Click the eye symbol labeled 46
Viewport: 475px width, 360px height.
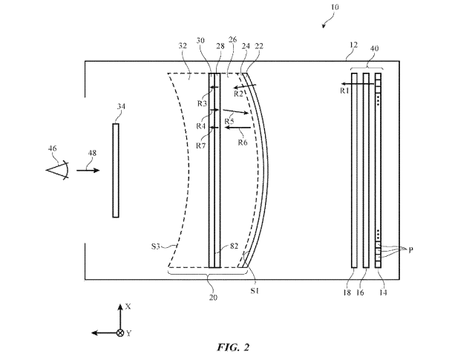(58, 170)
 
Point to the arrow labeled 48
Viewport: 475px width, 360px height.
(88, 171)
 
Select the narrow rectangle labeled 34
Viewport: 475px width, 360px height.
(116, 170)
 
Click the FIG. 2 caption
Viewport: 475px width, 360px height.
(233, 347)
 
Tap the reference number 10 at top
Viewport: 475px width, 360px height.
(334, 7)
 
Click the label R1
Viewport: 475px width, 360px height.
(344, 91)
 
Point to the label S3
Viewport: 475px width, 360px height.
(155, 246)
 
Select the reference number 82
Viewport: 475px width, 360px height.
(234, 246)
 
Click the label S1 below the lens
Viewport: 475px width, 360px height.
(255, 291)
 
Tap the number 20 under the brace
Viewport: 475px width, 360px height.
(213, 298)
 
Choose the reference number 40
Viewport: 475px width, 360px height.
(374, 48)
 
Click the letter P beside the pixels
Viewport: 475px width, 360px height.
(410, 250)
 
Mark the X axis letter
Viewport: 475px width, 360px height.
(128, 307)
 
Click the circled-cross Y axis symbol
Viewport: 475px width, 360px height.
(120, 333)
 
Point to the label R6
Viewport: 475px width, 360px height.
(243, 143)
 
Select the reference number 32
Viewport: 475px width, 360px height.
(183, 46)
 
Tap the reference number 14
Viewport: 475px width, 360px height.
(383, 292)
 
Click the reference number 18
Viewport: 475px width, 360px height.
(347, 292)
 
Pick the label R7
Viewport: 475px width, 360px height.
(200, 145)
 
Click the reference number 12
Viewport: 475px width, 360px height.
(353, 45)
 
